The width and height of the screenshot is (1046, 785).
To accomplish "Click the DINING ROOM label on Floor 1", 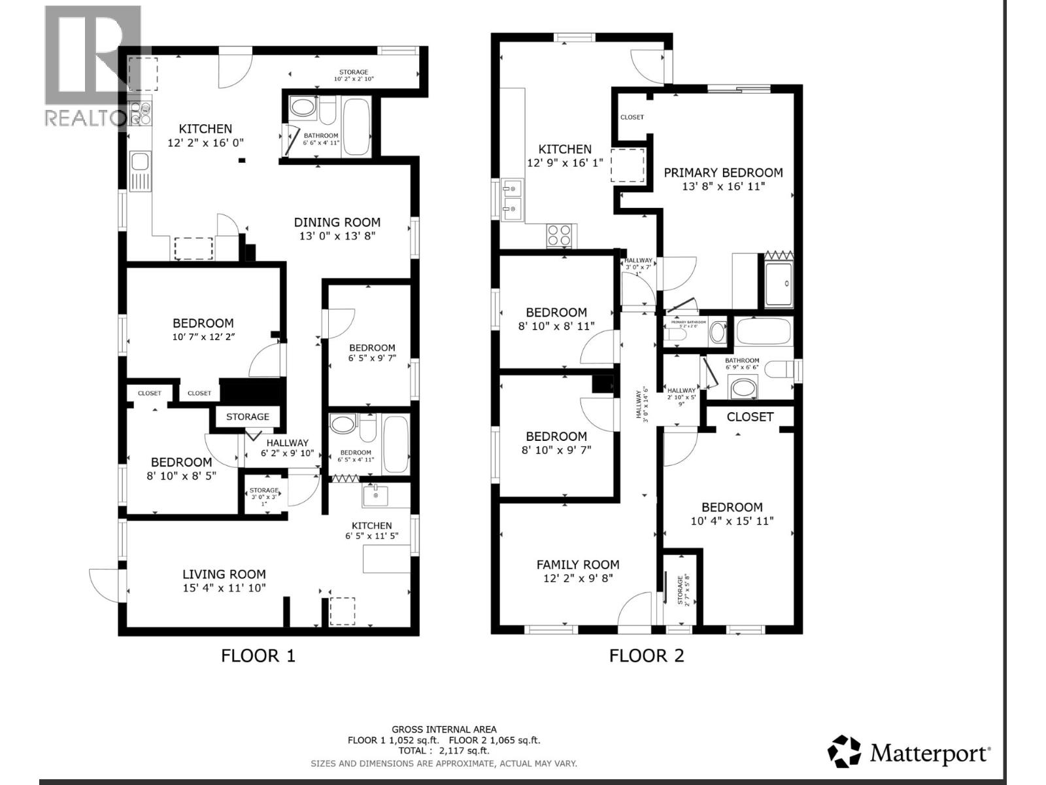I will click(x=337, y=222).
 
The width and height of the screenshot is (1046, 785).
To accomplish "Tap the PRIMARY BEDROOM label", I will click(x=723, y=173).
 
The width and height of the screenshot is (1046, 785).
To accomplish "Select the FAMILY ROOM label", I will click(x=578, y=565).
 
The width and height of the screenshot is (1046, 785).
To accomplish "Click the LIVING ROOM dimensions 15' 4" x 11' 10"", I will click(x=224, y=587).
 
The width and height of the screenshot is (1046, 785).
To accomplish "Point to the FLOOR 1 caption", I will click(x=258, y=655).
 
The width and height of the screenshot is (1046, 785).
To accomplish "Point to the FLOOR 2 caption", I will click(x=647, y=655).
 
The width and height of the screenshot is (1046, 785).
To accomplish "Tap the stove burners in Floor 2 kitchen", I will click(x=560, y=235).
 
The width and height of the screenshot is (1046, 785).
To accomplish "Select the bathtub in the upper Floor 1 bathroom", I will click(x=356, y=127).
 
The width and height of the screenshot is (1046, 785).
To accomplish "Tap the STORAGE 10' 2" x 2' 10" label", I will click(x=354, y=75).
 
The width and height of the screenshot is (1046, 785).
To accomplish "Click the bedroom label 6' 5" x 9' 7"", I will click(x=372, y=353).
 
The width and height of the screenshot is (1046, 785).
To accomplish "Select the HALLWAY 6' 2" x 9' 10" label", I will click(x=287, y=448).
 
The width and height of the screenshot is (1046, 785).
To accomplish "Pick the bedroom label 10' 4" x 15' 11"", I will click(x=732, y=514).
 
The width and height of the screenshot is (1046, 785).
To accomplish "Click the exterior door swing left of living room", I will click(x=103, y=582).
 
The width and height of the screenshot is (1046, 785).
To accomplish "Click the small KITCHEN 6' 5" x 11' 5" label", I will click(x=372, y=531).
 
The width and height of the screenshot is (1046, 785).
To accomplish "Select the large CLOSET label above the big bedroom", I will click(x=750, y=417).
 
